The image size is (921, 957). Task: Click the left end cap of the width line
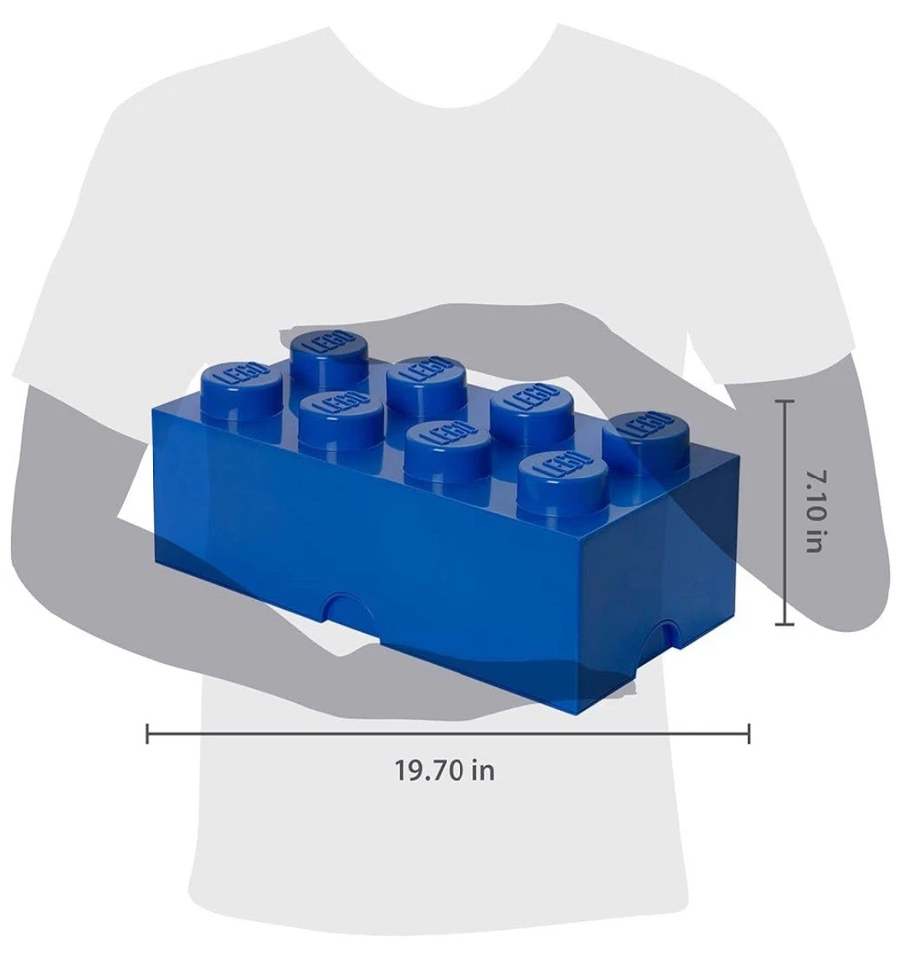tap(148, 735)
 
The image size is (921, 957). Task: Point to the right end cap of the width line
tap(749, 735)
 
